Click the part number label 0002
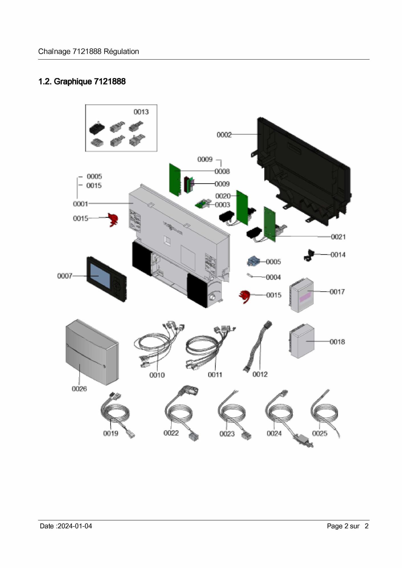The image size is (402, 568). click(x=224, y=135)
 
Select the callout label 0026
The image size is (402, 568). click(x=79, y=389)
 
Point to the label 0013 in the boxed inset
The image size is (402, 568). click(x=141, y=112)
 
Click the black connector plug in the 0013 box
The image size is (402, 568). click(x=97, y=128)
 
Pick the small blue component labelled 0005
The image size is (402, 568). click(x=253, y=261)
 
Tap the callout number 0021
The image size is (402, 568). click(x=338, y=237)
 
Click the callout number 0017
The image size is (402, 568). click(x=337, y=292)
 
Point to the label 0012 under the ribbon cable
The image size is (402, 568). click(x=260, y=374)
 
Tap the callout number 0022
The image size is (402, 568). click(x=171, y=433)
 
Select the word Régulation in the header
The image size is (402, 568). click(x=121, y=52)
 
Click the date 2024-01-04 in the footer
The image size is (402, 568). click(x=75, y=526)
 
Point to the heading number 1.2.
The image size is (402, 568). click(x=45, y=82)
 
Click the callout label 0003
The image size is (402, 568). click(x=222, y=205)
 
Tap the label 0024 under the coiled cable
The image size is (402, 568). click(x=274, y=434)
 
